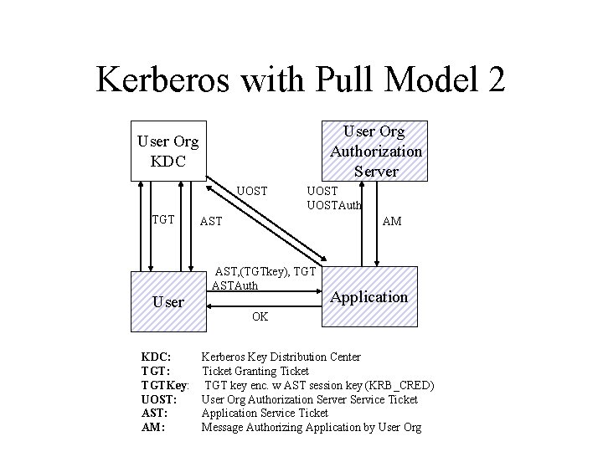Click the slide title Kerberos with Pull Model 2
[301, 80]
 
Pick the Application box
[368, 297]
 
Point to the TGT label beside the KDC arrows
[162, 219]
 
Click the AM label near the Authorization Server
[391, 222]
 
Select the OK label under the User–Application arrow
[260, 317]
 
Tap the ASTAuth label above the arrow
[235, 285]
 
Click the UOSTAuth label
[335, 205]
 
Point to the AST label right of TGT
[210, 222]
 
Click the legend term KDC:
[157, 357]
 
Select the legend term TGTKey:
[166, 385]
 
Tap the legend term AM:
[153, 428]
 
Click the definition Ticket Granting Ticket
[255, 371]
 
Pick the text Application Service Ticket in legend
[265, 413]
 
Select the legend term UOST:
[159, 399]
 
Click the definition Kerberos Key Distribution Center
[281, 357]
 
